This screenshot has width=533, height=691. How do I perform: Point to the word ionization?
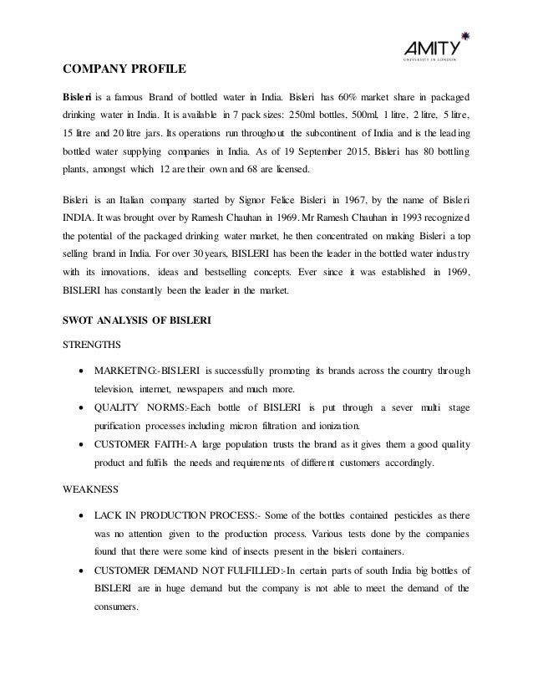[x=338, y=426]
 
